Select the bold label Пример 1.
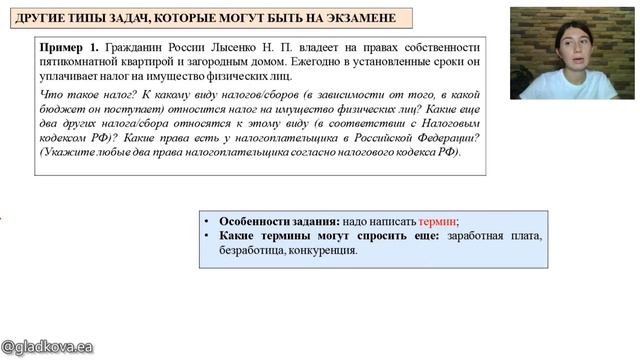pyautogui.click(x=69, y=48)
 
